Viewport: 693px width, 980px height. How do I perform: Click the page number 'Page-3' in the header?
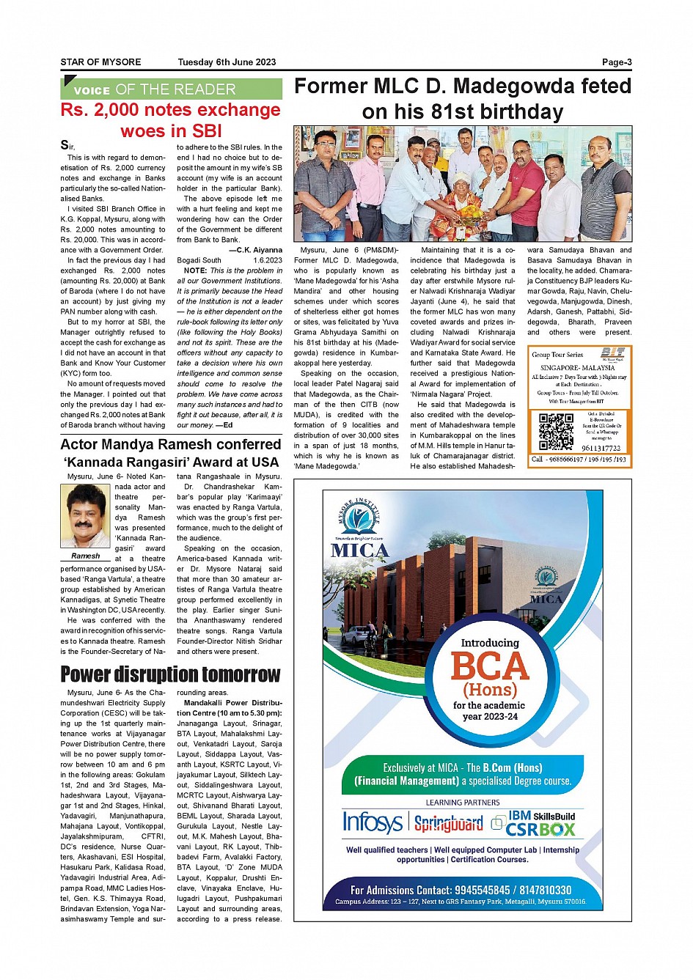coord(616,62)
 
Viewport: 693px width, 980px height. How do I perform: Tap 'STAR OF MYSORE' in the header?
coord(100,62)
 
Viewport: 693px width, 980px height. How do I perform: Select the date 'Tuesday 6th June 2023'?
coord(227,62)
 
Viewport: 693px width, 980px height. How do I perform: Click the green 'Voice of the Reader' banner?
coord(171,89)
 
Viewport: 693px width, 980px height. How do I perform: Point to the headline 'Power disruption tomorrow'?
coord(170,674)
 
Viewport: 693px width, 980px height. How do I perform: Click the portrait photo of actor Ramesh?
coord(86,516)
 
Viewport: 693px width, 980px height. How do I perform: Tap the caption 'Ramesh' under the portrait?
coord(86,556)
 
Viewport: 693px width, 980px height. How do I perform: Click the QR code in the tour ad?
coord(556,432)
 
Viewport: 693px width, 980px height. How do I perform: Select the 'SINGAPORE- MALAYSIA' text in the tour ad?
coord(577,368)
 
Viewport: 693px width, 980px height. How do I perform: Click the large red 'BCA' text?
coord(490,666)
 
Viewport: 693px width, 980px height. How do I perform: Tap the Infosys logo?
coord(373,822)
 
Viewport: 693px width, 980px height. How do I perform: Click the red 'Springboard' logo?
coord(448,823)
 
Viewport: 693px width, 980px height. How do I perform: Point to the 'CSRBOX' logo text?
coord(540,830)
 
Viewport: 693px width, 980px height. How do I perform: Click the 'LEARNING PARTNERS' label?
coord(463,803)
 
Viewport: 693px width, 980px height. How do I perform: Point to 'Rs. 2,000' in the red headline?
coord(98,110)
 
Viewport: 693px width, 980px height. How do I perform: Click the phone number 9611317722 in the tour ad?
coord(601,448)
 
